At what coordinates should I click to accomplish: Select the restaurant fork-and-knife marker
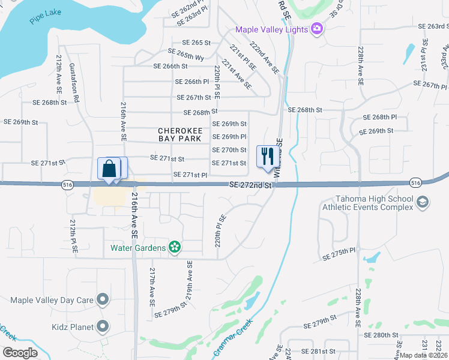click(x=267, y=157)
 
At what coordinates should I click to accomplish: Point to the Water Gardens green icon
click(x=175, y=247)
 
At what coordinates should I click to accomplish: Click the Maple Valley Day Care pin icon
click(x=103, y=299)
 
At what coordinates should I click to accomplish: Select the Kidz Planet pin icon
click(x=103, y=327)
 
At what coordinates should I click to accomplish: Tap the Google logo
click(x=20, y=353)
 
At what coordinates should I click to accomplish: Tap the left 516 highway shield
click(x=67, y=185)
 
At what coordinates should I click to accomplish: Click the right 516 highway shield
click(x=415, y=182)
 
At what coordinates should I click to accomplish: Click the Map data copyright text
click(x=423, y=355)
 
